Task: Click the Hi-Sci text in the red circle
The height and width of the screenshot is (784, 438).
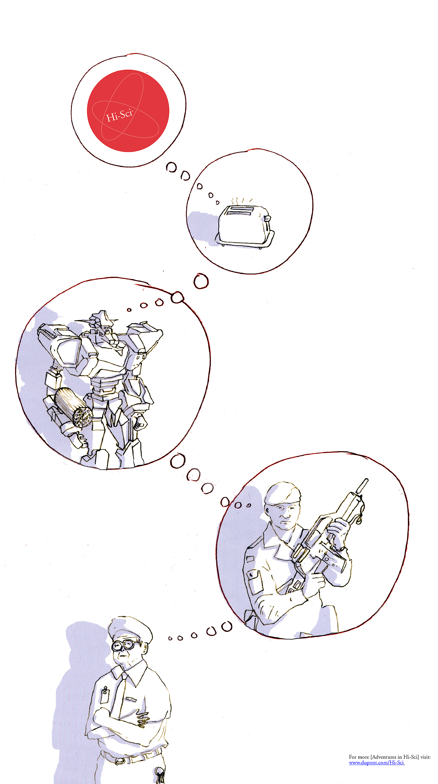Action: pyautogui.click(x=119, y=115)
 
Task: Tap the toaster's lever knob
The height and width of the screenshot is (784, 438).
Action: pyautogui.click(x=267, y=218)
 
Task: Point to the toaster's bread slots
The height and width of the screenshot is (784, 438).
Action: pyautogui.click(x=240, y=210)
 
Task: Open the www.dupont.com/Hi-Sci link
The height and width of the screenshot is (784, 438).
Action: pyautogui.click(x=376, y=763)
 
